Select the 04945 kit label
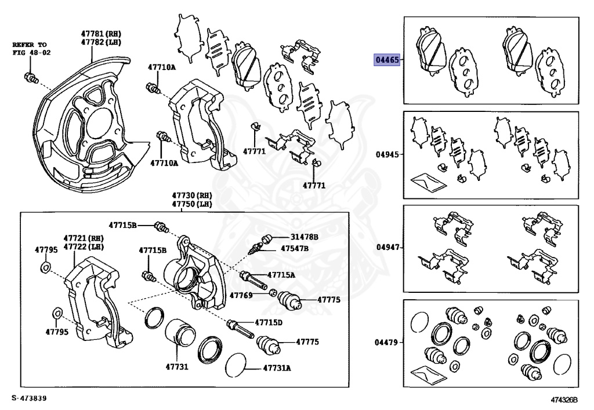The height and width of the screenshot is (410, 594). tap(386, 155)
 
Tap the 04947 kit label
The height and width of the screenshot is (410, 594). tap(386, 248)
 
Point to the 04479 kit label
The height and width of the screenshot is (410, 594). tap(386, 343)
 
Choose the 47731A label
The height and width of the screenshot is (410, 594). tap(277, 368)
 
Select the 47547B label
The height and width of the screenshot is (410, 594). tap(295, 248)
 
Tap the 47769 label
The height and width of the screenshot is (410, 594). tap(241, 295)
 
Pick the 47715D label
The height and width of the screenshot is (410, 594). tap(268, 322)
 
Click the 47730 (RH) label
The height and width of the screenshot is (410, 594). tap(191, 195)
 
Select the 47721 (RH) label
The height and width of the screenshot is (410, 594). tap(84, 238)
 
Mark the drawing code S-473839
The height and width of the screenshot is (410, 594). tap(28, 399)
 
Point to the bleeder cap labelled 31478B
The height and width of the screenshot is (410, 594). tap(267, 238)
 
